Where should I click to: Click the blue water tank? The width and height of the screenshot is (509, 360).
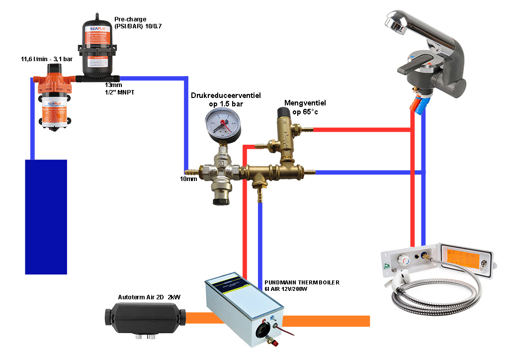coord(46,216)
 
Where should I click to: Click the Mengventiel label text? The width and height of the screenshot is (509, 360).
coord(305,103)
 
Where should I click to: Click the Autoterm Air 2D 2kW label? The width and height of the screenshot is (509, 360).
coord(149,297)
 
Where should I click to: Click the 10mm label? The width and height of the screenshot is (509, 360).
coord(189,179)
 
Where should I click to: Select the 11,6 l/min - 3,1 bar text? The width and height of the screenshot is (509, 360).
coord(46,60)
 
